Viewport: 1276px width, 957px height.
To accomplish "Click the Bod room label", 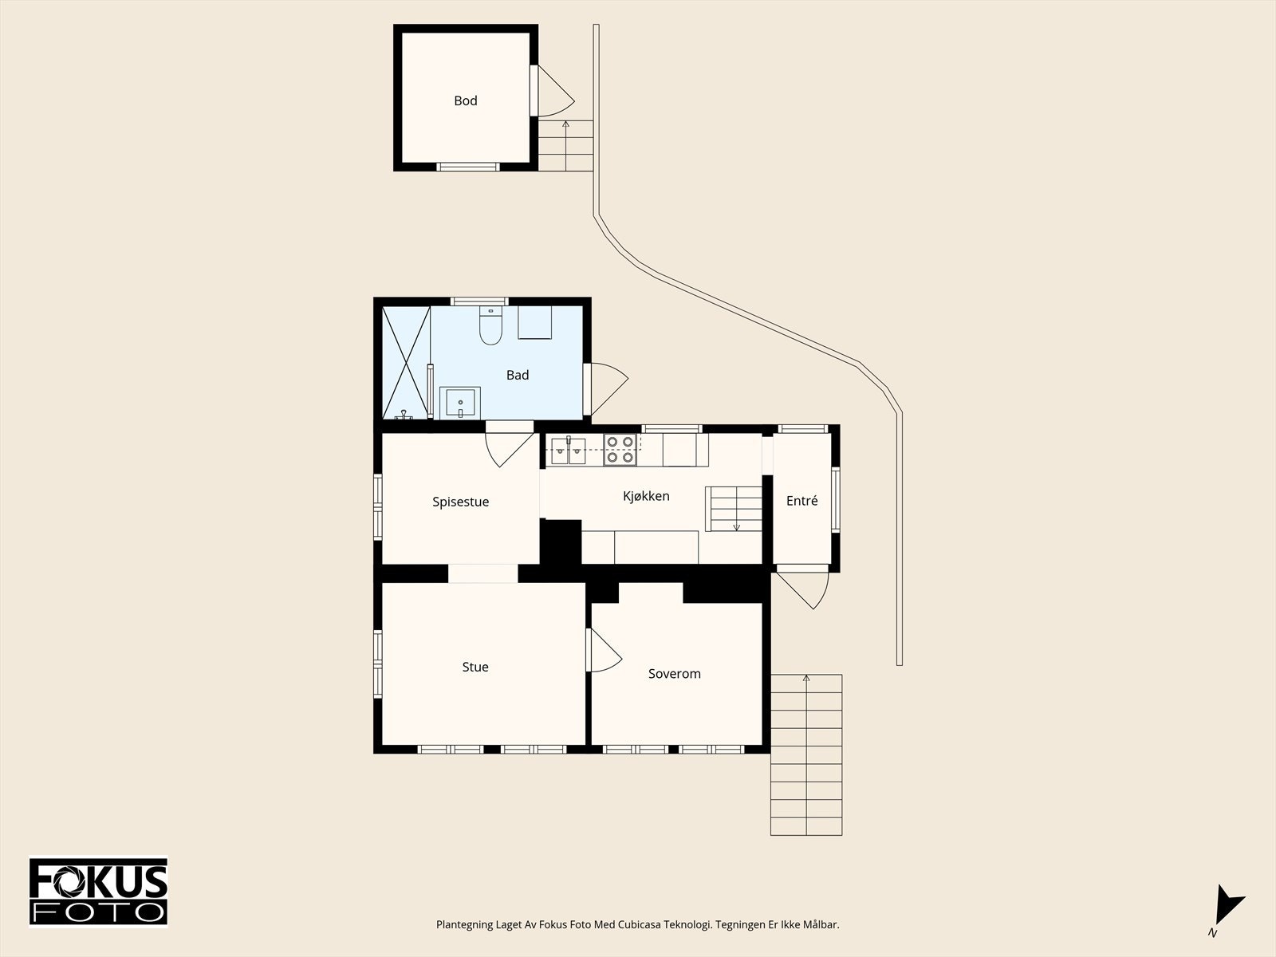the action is (466, 100).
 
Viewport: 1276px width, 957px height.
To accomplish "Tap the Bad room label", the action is (518, 376).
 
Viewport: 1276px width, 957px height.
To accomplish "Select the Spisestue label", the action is (460, 502).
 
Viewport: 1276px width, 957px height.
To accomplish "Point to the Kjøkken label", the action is (646, 495).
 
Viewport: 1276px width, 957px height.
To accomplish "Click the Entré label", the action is (801, 500).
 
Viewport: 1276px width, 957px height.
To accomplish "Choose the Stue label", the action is (475, 667).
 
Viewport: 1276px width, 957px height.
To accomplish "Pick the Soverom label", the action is (675, 674).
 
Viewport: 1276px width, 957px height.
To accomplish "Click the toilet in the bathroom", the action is (490, 325).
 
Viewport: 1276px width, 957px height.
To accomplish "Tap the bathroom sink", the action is (460, 403).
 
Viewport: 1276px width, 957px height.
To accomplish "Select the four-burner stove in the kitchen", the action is (620, 451).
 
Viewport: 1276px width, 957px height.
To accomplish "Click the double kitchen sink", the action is (569, 451).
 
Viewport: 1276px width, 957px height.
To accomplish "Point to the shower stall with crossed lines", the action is (406, 362).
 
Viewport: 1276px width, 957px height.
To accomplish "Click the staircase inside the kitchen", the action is (734, 509).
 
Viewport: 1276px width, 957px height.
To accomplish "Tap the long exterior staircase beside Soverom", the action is (806, 754).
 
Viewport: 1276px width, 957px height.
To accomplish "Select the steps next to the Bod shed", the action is (565, 145).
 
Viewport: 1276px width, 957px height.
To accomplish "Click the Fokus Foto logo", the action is (98, 892).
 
